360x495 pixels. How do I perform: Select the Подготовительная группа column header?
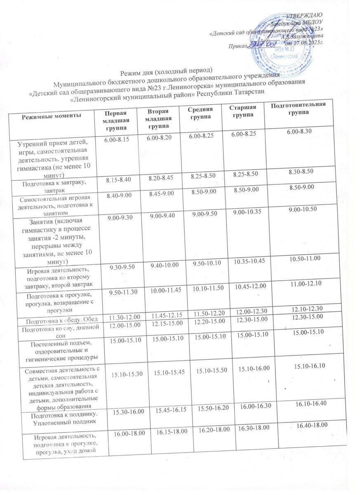[298, 108]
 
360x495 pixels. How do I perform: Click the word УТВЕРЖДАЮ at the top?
[305, 16]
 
